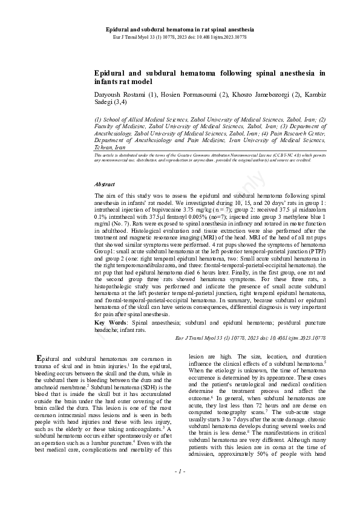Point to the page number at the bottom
click(x=179, y=487)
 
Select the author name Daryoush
click(x=110, y=95)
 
